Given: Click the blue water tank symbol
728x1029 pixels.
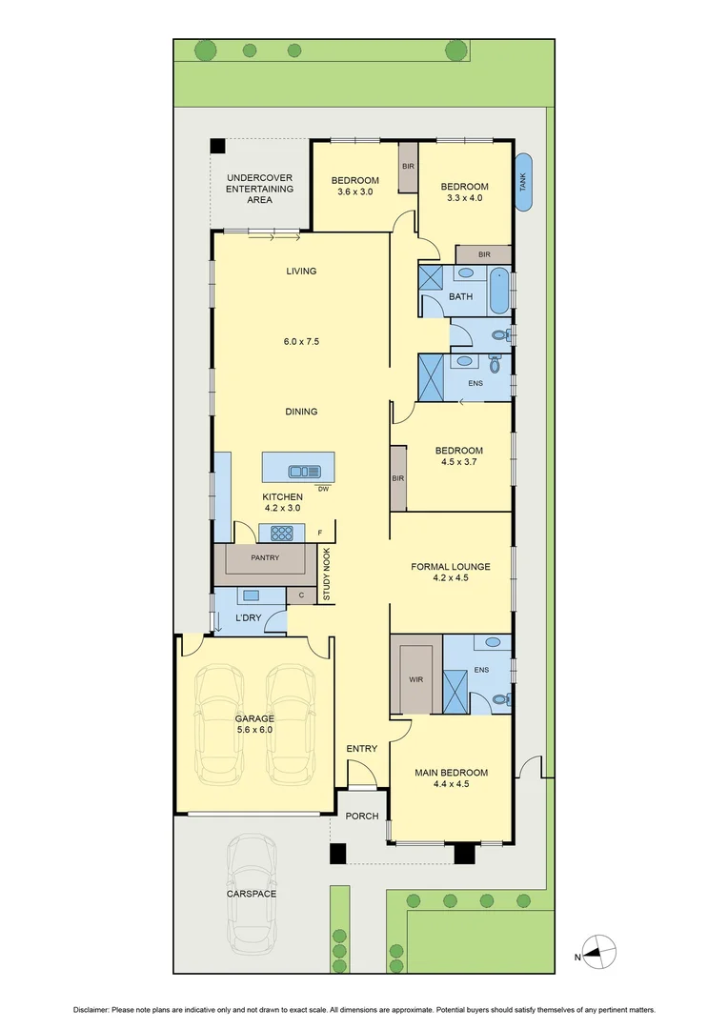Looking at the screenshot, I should [x=523, y=181].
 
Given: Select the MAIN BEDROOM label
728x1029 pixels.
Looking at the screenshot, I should [x=451, y=773].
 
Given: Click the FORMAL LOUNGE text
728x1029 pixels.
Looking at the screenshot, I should [x=451, y=567].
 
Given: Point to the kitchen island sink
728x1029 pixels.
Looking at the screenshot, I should [x=306, y=470].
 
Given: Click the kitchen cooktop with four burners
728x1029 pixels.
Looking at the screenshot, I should [x=281, y=534].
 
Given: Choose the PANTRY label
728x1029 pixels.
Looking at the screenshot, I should [x=265, y=558].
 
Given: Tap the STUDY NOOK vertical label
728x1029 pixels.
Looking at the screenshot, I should [x=325, y=575].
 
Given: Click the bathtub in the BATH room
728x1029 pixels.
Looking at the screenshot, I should [x=498, y=291].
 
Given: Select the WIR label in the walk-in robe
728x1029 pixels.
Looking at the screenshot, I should [x=415, y=679].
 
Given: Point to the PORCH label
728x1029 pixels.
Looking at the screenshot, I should [x=361, y=817].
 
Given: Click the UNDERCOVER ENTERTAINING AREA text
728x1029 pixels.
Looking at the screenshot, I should [x=259, y=189].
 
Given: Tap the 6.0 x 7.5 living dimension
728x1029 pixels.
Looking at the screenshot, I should [x=301, y=341].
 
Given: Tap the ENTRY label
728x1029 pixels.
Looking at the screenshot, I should [x=361, y=749].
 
